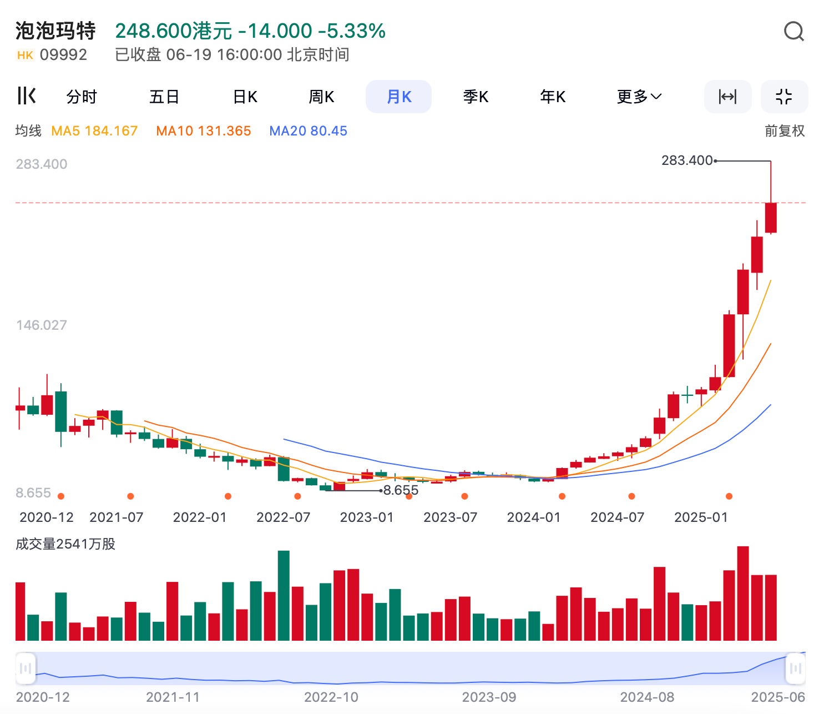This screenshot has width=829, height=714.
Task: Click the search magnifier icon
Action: (x=793, y=32)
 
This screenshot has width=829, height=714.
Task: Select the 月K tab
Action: (x=398, y=97)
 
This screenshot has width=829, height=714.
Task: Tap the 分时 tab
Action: (x=82, y=97)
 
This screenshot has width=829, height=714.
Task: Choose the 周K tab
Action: (x=321, y=97)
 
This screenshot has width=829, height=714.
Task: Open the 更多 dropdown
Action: (x=639, y=97)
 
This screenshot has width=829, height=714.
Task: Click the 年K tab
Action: (x=553, y=97)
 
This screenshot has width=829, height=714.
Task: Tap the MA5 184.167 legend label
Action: (x=94, y=131)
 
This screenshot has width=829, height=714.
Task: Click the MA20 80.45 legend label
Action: (x=308, y=131)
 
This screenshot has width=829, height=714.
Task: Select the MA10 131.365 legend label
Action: (x=204, y=131)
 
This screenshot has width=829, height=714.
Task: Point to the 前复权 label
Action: (x=784, y=131)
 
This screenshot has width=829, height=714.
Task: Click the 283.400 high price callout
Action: (x=687, y=160)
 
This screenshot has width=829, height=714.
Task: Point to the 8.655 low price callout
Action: (x=401, y=490)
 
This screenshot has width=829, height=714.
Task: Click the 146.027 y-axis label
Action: (x=42, y=325)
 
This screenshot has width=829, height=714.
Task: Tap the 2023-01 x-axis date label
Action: (x=367, y=517)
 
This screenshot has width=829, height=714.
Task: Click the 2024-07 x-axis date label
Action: (x=617, y=517)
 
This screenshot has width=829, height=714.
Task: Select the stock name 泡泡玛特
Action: (x=55, y=31)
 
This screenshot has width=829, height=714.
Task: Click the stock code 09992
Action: (x=63, y=55)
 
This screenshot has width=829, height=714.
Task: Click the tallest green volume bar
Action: (x=284, y=595)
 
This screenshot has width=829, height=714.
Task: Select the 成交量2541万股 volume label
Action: (x=65, y=544)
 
